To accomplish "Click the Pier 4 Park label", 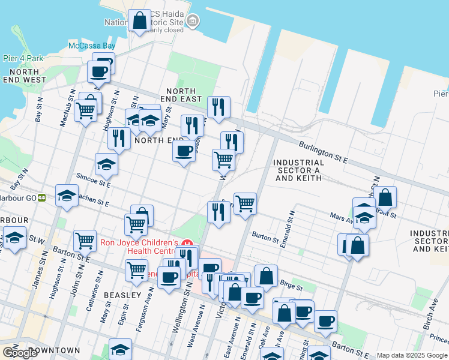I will point(23,58).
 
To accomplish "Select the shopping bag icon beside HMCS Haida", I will point(139,20).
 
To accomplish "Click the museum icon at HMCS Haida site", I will point(192,22).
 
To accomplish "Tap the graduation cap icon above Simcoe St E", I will point(106,164).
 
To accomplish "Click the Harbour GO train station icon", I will point(41,197).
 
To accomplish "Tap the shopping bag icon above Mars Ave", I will point(386,196).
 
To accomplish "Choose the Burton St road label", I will point(265,238).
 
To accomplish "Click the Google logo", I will point(20,353).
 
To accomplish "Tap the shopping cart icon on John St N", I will point(85,240).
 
